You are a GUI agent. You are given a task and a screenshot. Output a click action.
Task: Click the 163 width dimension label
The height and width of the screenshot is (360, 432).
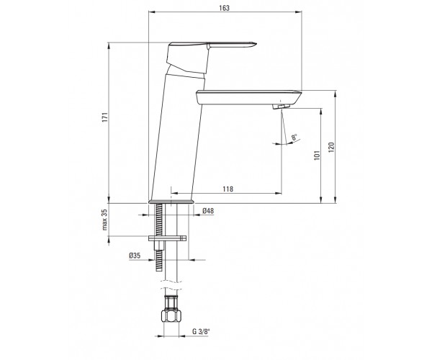tap(224, 8)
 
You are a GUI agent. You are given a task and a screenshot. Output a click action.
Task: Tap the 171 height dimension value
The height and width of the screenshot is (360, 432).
tap(104, 117)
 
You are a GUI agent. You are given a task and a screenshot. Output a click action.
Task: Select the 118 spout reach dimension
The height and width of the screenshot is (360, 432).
tap(228, 189)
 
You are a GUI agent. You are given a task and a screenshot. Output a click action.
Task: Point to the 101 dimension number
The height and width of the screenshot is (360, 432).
tap(317, 155)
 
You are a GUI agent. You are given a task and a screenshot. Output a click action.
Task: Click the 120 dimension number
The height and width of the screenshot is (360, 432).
tap(331, 148)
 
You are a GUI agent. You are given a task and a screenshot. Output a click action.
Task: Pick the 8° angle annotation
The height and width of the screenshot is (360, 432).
tap(294, 138)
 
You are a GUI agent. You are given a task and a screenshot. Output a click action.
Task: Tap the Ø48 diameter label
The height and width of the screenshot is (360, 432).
tap(208, 211)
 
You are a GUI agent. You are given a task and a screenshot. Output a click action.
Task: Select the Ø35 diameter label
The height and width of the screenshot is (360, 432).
tap(135, 256)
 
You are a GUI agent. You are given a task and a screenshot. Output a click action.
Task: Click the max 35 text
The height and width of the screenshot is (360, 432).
tap(104, 220)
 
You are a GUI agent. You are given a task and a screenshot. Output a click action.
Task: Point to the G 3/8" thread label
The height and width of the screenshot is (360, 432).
tap(201, 331)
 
